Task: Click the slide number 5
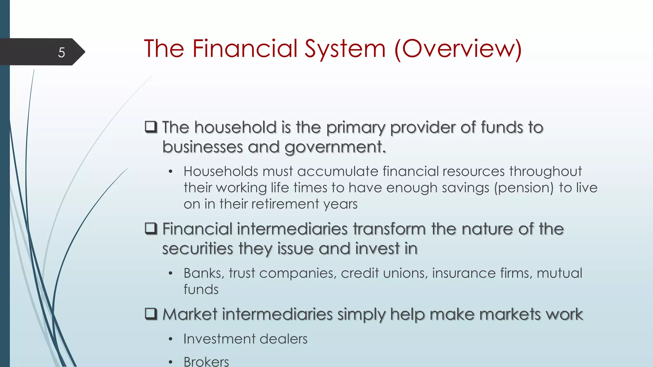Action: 62,52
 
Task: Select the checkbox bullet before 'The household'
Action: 151,127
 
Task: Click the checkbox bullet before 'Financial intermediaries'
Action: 151,228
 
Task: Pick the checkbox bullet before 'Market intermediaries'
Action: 151,314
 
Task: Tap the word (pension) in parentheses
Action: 524,188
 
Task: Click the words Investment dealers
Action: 246,339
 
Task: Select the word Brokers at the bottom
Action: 206,362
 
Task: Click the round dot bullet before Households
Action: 171,172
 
